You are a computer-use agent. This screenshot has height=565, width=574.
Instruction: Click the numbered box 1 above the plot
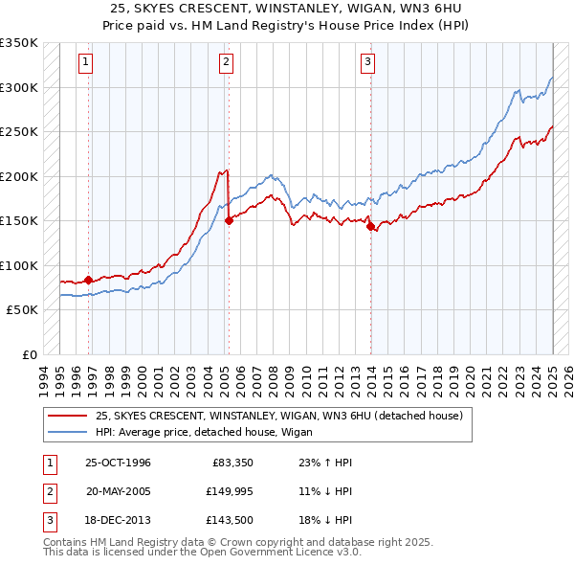point(86,63)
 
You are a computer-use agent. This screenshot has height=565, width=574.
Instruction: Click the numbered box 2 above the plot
point(227,63)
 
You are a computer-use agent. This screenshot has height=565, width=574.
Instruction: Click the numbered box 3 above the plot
point(368,63)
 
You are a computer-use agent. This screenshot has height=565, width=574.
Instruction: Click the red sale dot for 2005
point(229,220)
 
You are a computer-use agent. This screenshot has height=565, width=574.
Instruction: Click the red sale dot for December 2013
point(370,226)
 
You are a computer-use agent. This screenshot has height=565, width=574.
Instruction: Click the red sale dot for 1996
point(89,280)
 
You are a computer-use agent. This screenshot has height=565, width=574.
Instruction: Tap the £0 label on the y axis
point(28,354)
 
